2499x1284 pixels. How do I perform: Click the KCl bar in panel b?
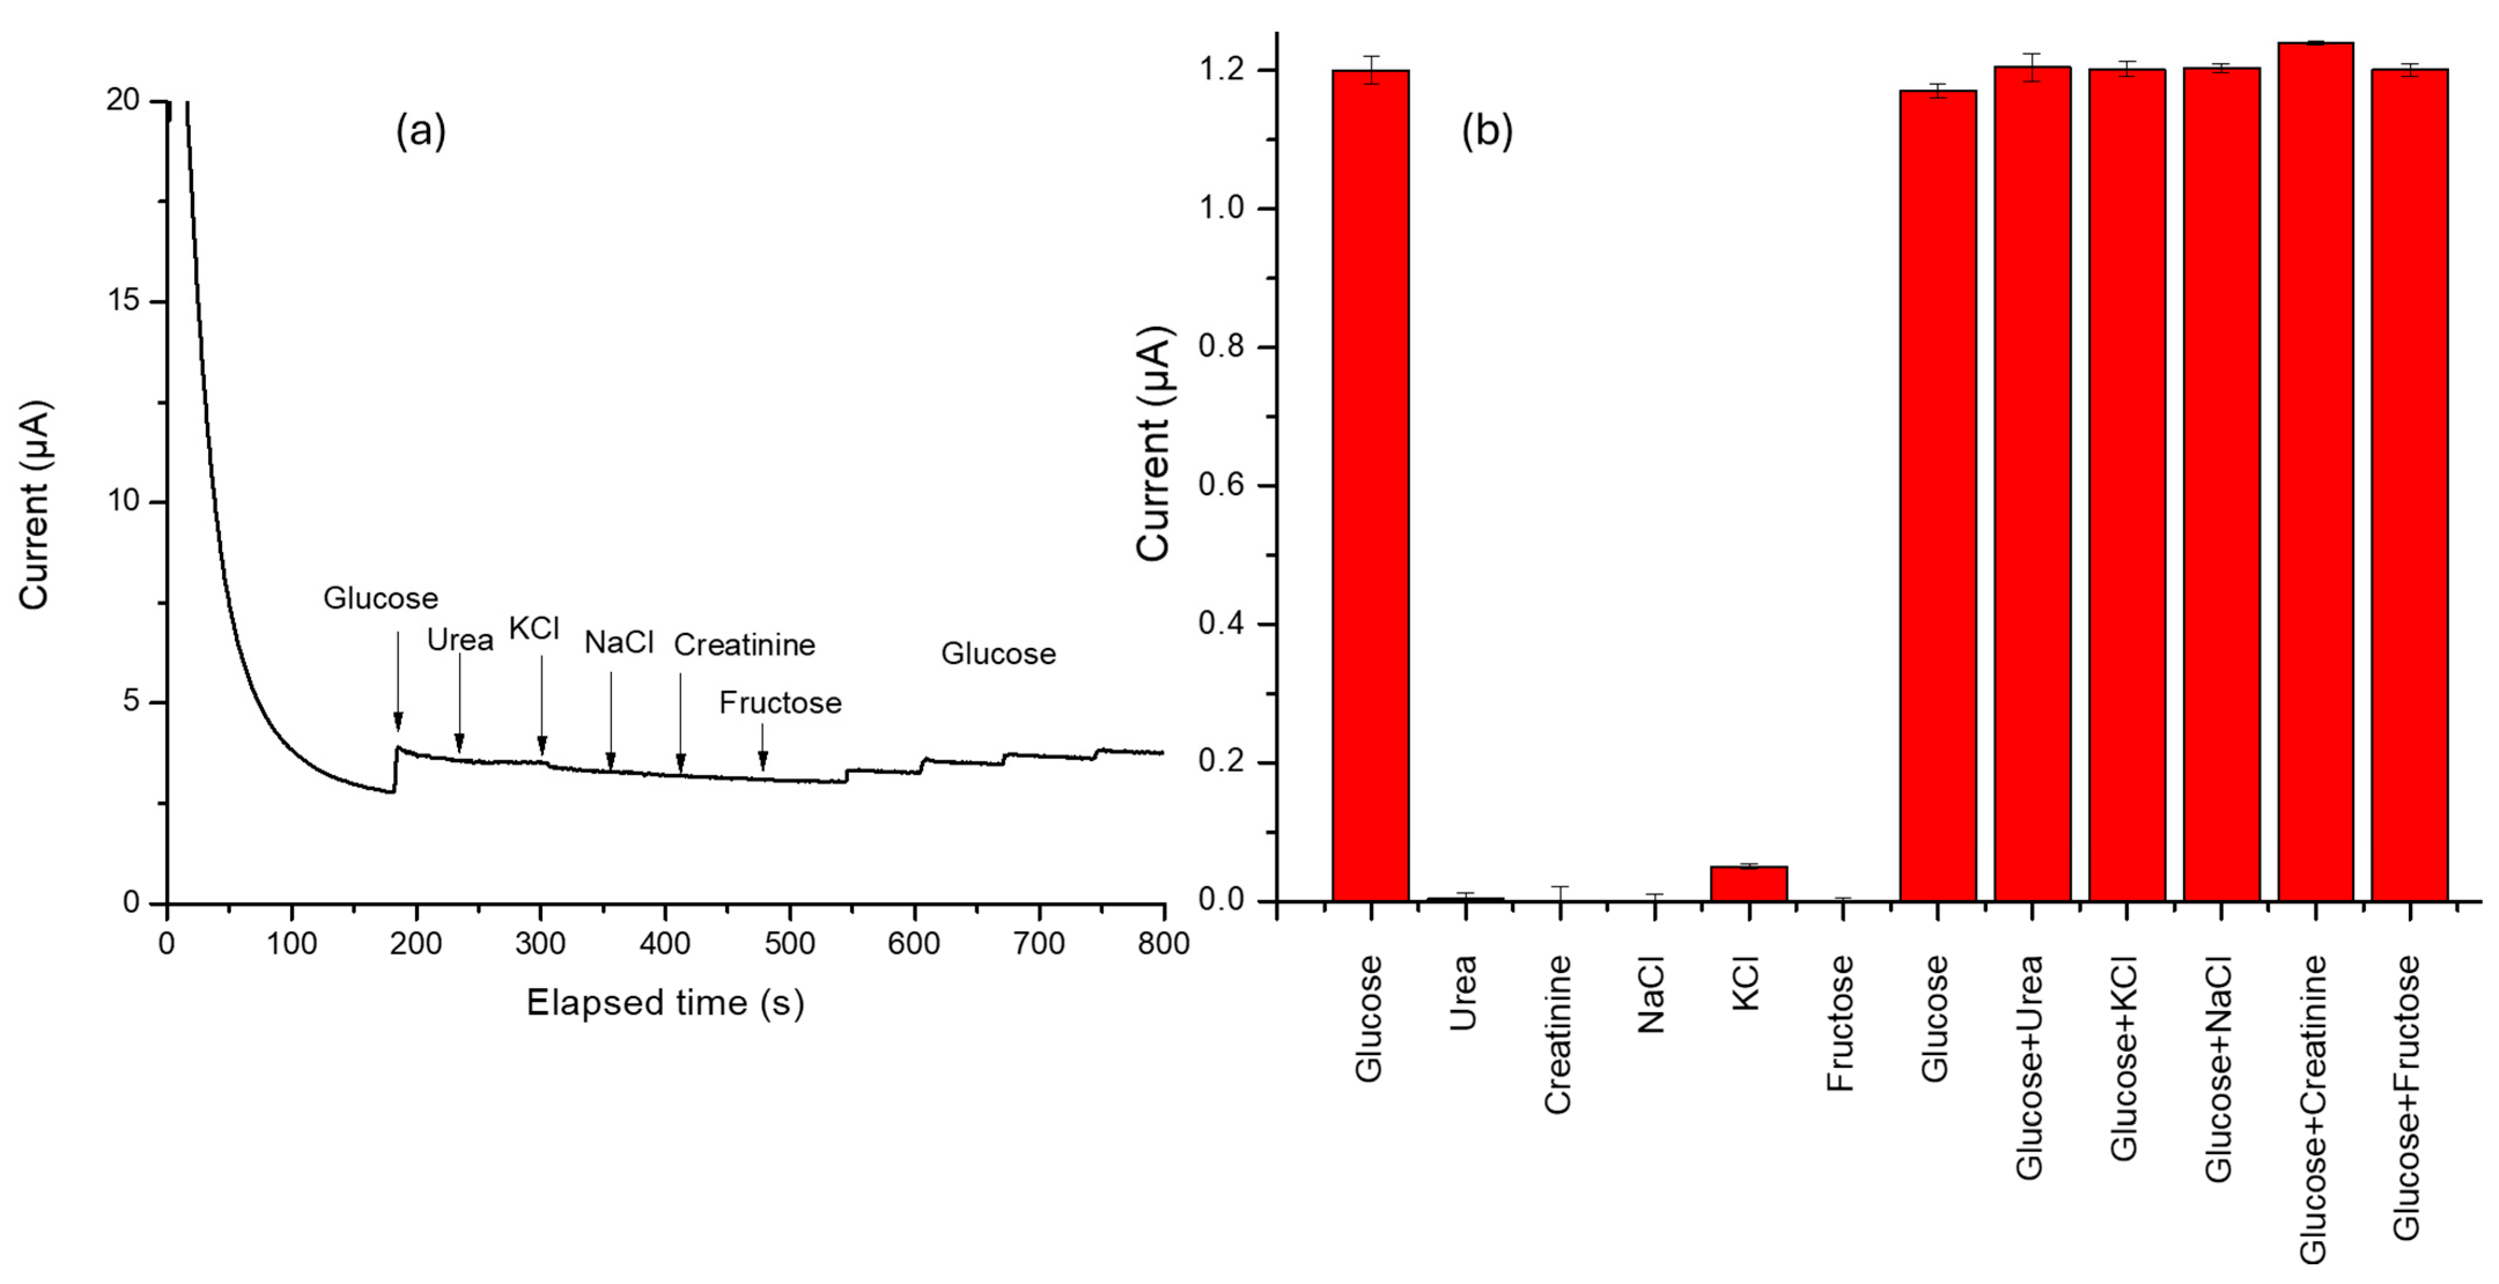tap(1748, 883)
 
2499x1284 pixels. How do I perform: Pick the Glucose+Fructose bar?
tap(2410, 485)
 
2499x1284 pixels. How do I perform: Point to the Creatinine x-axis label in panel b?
tap(1558, 1034)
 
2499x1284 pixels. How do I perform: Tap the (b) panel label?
tap(1486, 131)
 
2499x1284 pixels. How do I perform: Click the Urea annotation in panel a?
tap(460, 640)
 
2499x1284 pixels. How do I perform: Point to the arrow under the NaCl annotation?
tap(611, 723)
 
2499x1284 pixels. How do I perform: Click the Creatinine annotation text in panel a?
tap(744, 645)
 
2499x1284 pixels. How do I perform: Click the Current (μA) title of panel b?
tap(1154, 443)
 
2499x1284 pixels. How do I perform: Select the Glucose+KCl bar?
tap(2127, 485)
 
